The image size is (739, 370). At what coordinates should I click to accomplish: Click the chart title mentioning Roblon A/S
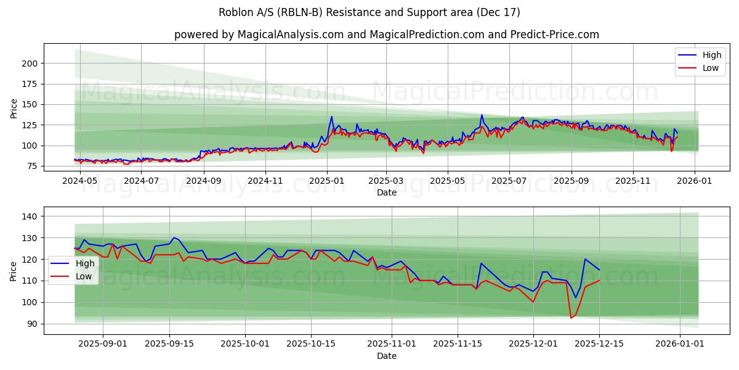tap(369, 12)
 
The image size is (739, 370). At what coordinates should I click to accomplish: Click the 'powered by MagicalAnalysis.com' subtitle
tap(386, 35)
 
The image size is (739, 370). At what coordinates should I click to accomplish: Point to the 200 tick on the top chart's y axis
tap(31, 64)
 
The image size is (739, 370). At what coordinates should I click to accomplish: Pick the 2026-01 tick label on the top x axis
tap(695, 182)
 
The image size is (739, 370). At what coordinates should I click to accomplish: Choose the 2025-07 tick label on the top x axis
tap(509, 182)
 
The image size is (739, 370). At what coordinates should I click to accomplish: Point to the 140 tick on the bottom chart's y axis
tap(31, 216)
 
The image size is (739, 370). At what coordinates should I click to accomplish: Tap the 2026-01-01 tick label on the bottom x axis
tap(680, 344)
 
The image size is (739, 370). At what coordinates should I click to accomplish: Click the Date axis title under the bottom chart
tap(386, 356)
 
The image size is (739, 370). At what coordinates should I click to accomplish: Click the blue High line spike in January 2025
tap(331, 117)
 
